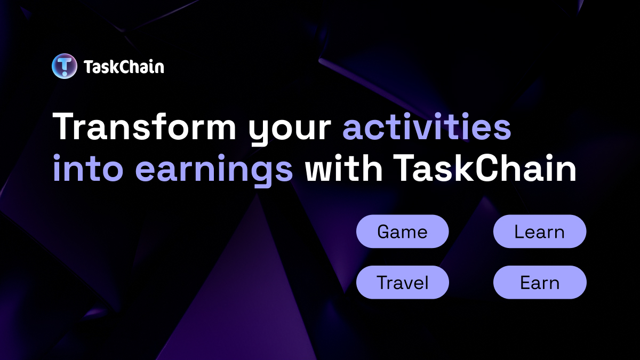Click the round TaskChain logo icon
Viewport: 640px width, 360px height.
pyautogui.click(x=65, y=67)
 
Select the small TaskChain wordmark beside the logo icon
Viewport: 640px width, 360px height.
pyautogui.click(x=124, y=67)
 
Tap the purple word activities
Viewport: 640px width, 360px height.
pyautogui.click(x=427, y=128)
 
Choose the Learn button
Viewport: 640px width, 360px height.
pyautogui.click(x=539, y=232)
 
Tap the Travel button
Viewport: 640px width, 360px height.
pyautogui.click(x=402, y=283)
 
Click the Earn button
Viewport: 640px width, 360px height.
pyautogui.click(x=539, y=283)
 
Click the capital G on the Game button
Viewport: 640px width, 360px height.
pyautogui.click(x=384, y=232)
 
